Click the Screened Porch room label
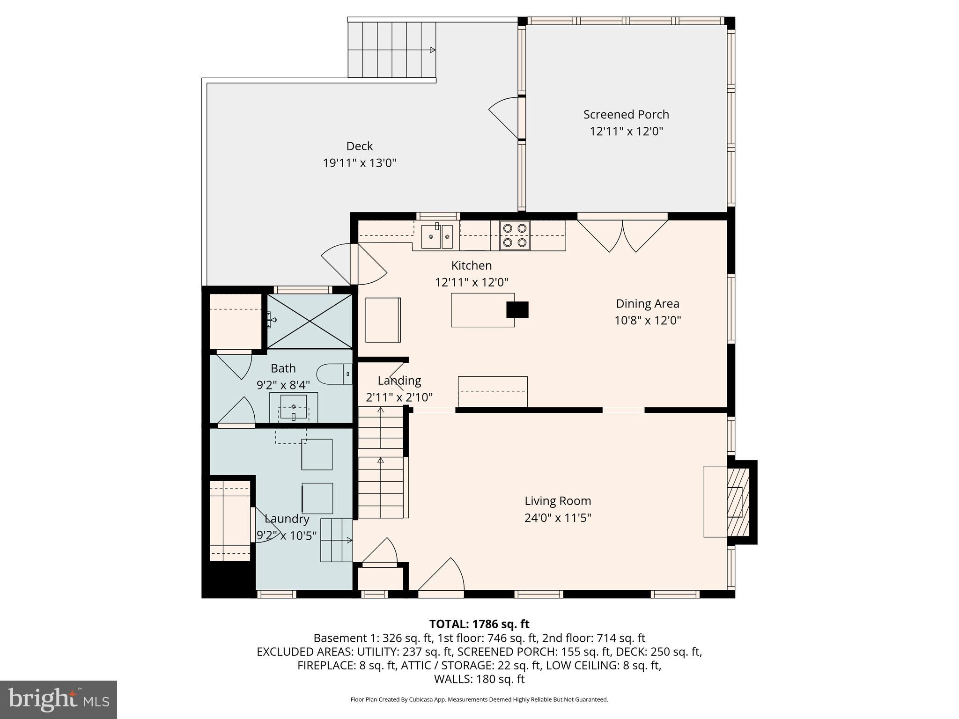coord(626,115)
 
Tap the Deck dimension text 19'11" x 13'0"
coord(359,163)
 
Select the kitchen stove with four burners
coord(515,235)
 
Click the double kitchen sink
coord(437,236)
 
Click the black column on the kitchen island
coord(517,309)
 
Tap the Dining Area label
coord(647,304)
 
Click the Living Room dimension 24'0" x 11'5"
coord(557,518)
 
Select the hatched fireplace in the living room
coord(738,502)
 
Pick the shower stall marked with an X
coord(310,321)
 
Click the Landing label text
coord(399,381)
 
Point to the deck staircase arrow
coord(432,50)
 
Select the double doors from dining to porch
coord(622,234)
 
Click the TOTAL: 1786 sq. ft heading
coord(479,624)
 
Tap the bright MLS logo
coord(59,699)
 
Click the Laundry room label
coord(287,519)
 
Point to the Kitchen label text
coord(471,265)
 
